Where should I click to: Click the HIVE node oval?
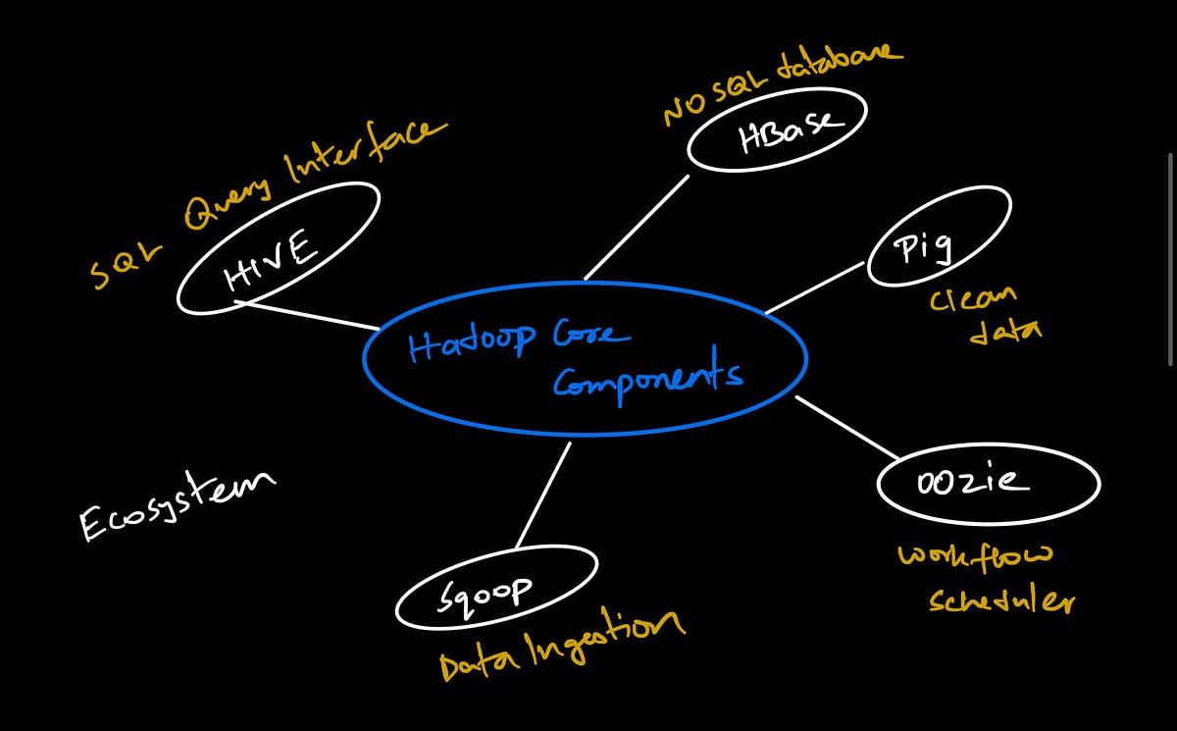[x=277, y=249]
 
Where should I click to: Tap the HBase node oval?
[x=777, y=131]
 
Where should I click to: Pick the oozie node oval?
[x=987, y=483]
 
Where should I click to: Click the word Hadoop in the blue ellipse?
[x=472, y=342]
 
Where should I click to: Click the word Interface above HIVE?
[x=363, y=152]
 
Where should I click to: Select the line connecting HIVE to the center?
[x=312, y=315]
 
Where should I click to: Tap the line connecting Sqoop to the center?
[x=543, y=495]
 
